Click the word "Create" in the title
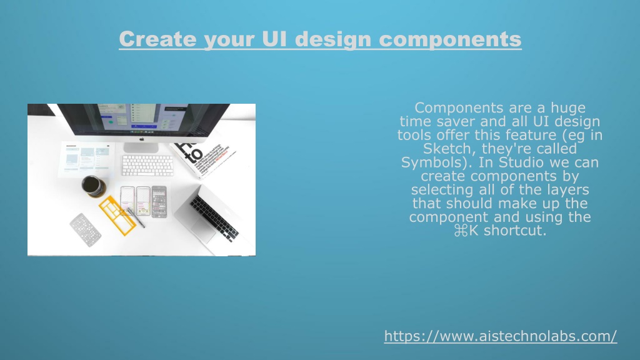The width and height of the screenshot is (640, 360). [157, 39]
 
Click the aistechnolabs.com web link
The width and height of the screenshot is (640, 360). [501, 336]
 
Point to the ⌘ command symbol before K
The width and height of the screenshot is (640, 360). [461, 231]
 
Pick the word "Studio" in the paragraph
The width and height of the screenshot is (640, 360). [522, 162]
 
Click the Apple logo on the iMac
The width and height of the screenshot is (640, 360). [142, 139]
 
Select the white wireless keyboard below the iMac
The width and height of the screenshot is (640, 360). [147, 165]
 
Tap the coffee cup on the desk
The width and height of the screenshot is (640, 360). [94, 186]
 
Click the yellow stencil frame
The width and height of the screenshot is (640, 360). [117, 216]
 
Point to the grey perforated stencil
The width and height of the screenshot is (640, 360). [85, 230]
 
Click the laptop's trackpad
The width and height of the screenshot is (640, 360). [202, 231]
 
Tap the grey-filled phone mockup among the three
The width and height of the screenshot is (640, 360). [159, 202]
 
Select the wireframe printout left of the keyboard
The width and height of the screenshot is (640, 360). [86, 159]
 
